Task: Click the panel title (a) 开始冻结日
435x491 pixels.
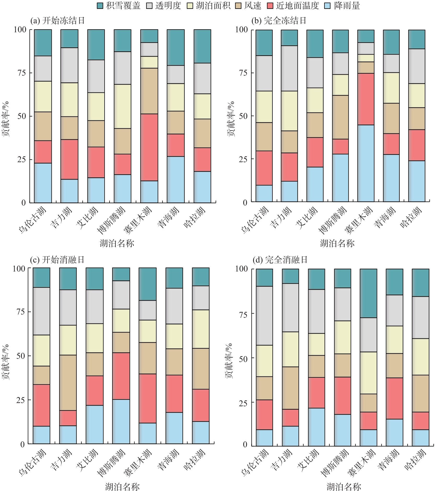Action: [58, 21]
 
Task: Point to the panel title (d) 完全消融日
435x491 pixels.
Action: [280, 260]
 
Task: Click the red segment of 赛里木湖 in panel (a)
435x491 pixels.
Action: [149, 147]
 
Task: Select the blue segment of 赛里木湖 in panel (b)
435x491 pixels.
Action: [366, 163]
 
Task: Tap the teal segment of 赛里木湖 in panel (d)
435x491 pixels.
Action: [368, 293]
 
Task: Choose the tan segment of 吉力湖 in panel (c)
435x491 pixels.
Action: [68, 382]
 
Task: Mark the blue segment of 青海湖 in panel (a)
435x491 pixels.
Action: [176, 179]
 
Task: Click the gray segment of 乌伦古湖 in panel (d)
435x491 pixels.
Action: [264, 315]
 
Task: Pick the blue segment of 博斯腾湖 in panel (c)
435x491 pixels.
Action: [121, 421]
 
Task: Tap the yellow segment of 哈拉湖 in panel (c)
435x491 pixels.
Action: [201, 329]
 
